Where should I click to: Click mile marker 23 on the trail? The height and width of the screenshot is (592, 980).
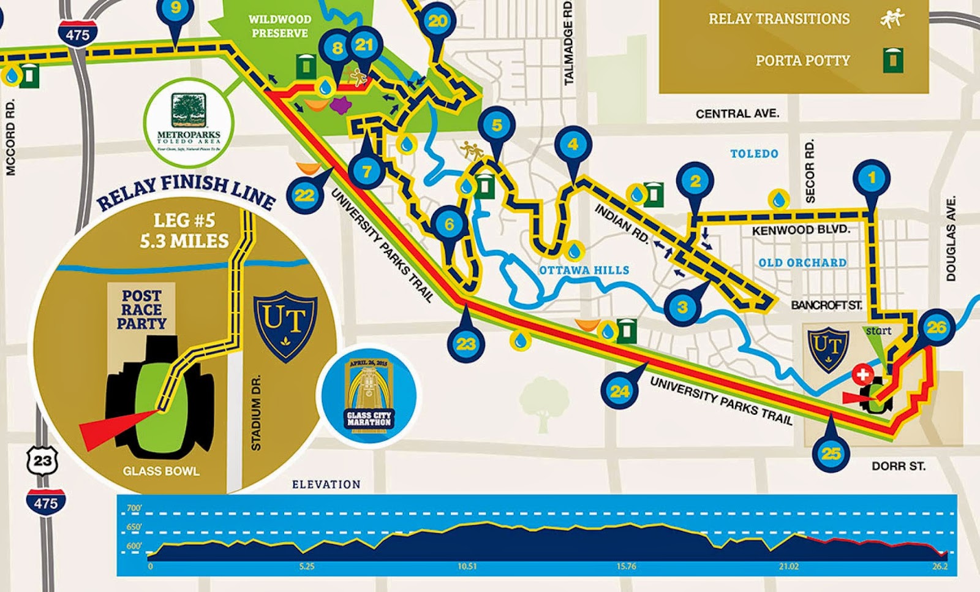point(466,343)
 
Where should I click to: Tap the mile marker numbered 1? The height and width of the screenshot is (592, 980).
point(872,178)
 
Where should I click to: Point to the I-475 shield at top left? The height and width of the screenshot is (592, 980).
point(77,34)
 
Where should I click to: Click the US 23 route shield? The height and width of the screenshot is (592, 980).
point(42,460)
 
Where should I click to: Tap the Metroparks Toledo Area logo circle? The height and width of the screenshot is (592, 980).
point(188,122)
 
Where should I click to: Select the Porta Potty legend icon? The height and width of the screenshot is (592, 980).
point(893,60)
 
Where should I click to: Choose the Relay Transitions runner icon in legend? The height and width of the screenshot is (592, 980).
point(892,19)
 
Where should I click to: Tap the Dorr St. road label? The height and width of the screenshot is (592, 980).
point(898,466)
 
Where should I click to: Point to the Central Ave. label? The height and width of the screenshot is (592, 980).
point(737,113)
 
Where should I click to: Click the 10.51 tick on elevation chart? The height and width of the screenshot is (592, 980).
point(467,566)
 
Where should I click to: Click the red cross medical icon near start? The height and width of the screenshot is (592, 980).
point(864,374)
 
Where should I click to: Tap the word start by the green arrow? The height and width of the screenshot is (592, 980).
point(878,331)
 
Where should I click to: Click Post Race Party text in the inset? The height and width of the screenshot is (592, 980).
point(141,309)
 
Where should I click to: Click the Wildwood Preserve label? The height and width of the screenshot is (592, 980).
point(279,26)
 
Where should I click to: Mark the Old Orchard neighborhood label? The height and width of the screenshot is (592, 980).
point(802,263)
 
